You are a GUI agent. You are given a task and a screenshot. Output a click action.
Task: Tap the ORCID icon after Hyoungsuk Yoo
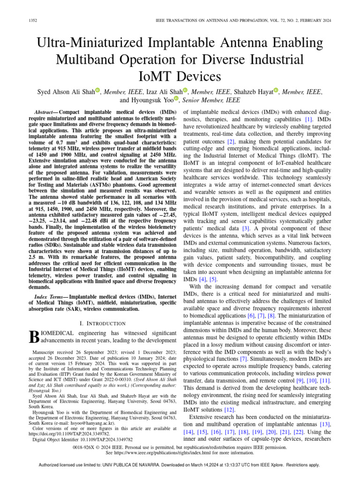click(177, 98)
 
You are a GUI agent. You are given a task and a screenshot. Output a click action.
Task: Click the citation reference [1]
click(308, 120)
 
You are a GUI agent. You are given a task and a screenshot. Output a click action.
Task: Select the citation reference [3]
click(246, 215)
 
